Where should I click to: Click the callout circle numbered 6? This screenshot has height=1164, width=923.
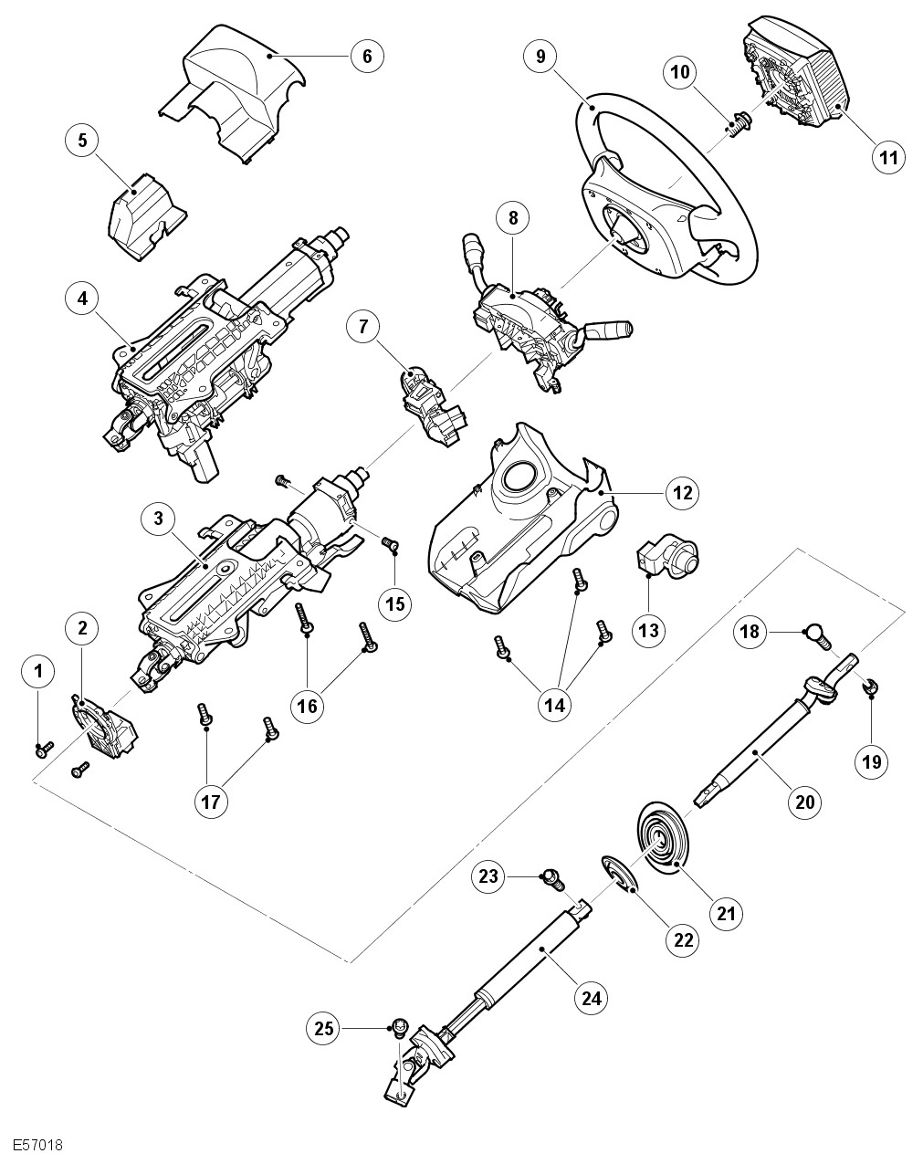click(x=367, y=56)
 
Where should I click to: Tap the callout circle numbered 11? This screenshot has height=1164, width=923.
click(x=888, y=157)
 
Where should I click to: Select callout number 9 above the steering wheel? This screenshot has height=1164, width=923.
click(x=540, y=56)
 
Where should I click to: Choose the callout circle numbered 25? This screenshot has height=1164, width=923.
click(x=322, y=1028)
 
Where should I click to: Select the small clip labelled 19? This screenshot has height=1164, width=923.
click(x=871, y=686)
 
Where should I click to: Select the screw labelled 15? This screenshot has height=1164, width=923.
click(x=391, y=544)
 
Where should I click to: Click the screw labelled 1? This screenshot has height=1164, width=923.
click(x=41, y=749)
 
